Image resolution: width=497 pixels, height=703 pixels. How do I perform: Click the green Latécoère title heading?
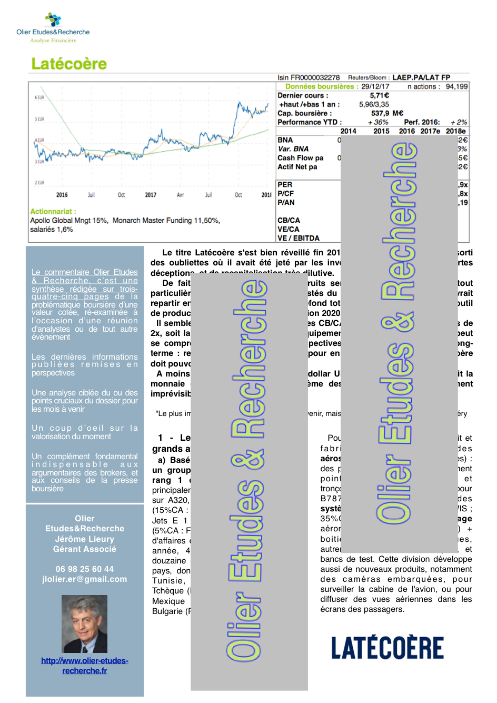[x=69, y=64]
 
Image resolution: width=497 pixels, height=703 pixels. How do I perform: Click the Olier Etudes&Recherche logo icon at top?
[x=53, y=19]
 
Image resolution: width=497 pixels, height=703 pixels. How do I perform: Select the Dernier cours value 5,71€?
[x=379, y=95]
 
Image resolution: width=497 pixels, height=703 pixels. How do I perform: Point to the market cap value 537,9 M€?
[x=387, y=113]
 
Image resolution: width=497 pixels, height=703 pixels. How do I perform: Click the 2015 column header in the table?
[x=381, y=131]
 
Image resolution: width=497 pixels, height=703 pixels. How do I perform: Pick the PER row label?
[x=285, y=185]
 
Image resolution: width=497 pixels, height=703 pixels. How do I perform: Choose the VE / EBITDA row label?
[x=298, y=238]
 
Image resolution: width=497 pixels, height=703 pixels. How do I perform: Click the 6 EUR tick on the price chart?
[x=39, y=97]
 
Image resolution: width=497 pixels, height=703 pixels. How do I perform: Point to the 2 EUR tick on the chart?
[x=39, y=183]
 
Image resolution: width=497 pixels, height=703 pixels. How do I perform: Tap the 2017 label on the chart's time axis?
[x=151, y=195]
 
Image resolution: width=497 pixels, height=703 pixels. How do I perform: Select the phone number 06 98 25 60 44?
[x=84, y=569]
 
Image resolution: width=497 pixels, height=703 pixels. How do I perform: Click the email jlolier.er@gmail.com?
[x=84, y=579]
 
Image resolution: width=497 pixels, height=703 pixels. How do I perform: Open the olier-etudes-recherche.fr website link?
[x=84, y=666]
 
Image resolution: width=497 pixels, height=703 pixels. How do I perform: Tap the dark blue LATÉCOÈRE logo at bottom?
[x=387, y=648]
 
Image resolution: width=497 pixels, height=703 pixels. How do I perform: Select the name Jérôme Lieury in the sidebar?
[x=84, y=539]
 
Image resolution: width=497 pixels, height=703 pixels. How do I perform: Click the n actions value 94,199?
[x=456, y=86]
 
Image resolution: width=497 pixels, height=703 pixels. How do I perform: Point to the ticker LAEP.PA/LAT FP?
[x=421, y=77]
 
